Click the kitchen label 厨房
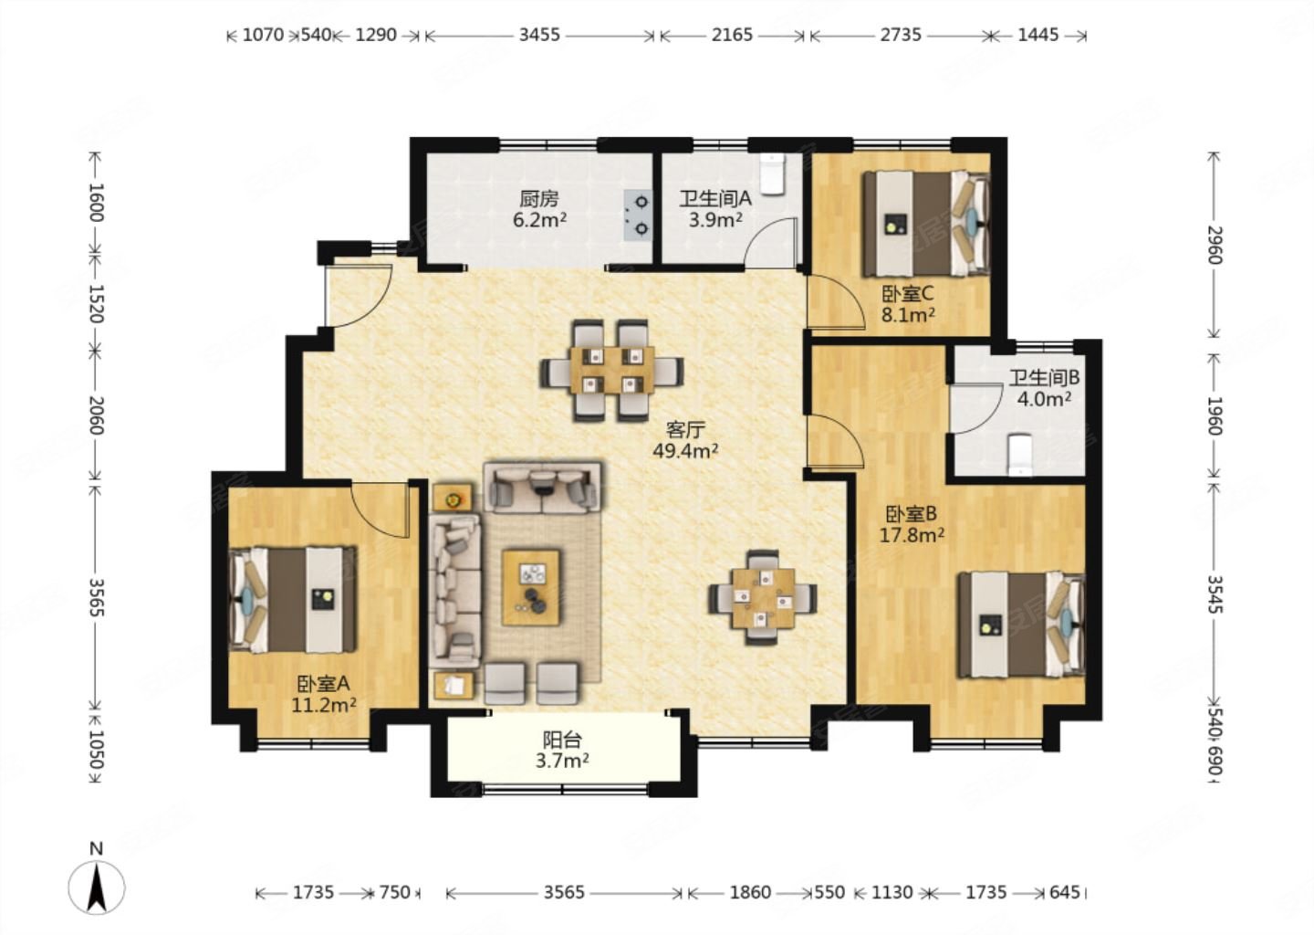[538, 200]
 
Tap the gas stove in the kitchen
[638, 215]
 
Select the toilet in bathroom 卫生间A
[773, 173]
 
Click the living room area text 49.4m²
[685, 451]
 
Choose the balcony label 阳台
[562, 739]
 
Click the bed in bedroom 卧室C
[926, 224]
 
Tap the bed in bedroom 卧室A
[293, 600]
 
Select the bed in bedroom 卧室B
[1021, 625]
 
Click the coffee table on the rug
[531, 587]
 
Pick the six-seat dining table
[611, 370]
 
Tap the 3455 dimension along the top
[539, 36]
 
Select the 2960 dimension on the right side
[1213, 245]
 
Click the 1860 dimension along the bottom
[750, 892]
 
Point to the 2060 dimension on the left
[96, 415]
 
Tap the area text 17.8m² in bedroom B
[912, 535]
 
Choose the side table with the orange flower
[453, 498]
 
